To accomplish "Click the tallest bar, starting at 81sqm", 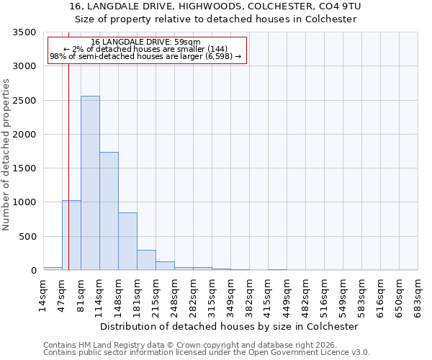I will point(90,183).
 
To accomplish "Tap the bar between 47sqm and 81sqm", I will point(71,235).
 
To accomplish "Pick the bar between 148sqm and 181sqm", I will point(127,241).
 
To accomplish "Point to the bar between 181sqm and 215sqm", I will point(146,260).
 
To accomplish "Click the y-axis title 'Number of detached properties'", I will point(7,156).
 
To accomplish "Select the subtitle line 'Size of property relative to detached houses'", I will point(216,19).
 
